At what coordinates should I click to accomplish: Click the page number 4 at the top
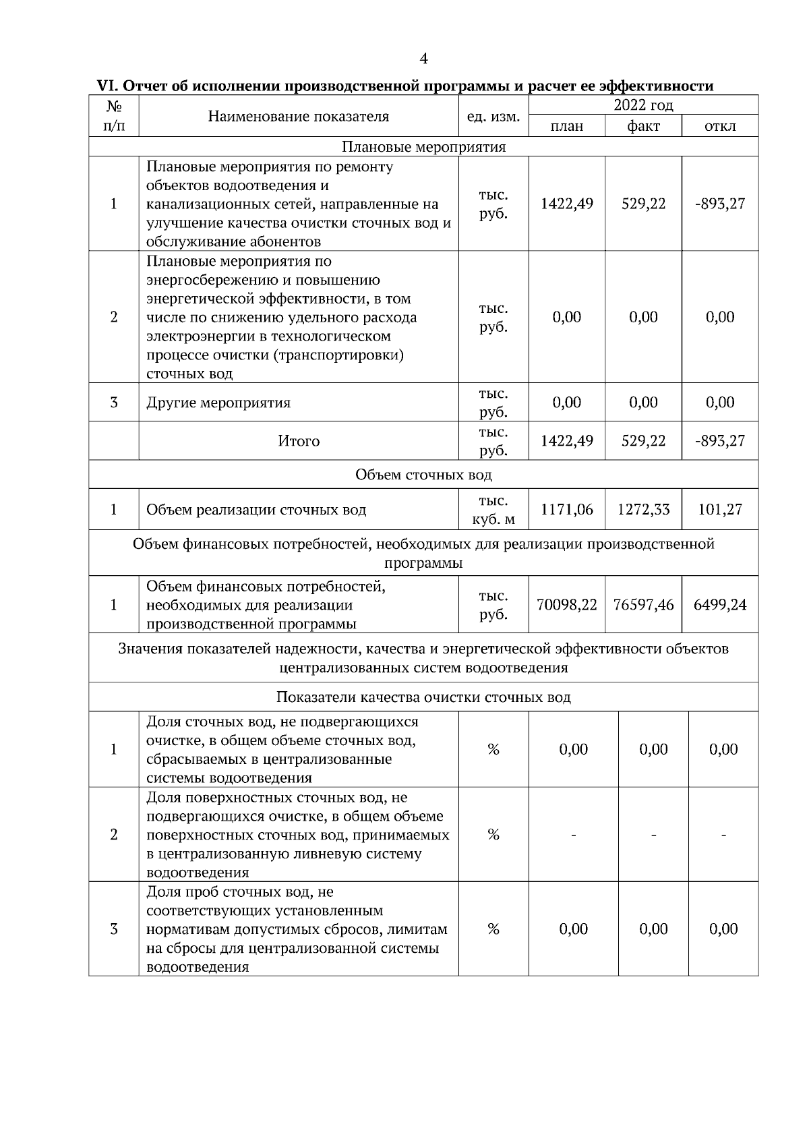pos(423,59)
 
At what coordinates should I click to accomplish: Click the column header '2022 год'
pos(643,105)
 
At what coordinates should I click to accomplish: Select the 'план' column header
pos(566,126)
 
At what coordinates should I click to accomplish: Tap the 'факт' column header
pos(643,126)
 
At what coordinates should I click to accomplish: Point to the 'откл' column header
pos(720,126)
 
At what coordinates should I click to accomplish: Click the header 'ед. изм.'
pos(493,116)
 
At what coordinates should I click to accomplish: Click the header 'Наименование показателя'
pos(299,116)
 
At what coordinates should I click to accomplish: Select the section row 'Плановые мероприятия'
pos(423,147)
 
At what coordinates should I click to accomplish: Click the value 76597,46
pos(643,605)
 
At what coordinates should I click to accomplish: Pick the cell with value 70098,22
pos(566,605)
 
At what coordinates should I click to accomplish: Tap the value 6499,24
pos(720,605)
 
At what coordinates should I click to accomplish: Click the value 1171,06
pos(566,510)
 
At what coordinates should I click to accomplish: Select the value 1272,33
pos(643,510)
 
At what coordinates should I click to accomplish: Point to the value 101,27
pos(720,510)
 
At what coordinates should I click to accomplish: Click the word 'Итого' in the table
pos(299,441)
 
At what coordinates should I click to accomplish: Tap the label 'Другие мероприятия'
pos(218,403)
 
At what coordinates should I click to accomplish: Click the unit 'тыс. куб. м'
pos(493,510)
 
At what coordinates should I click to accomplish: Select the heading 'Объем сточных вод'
pos(423,475)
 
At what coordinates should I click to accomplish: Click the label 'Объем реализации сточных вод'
pos(256,510)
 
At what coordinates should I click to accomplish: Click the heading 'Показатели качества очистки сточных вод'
pos(423,697)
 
